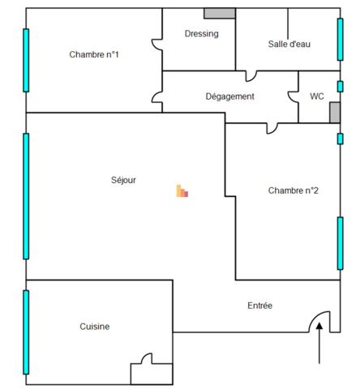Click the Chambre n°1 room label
[94, 54]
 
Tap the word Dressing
[202, 34]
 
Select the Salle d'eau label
[289, 44]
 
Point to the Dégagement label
[229, 96]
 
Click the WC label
[317, 96]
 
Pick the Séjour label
[123, 180]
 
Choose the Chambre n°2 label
[293, 190]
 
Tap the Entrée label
[259, 306]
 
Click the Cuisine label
[95, 327]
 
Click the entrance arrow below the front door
[319, 343]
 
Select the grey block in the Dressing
[220, 13]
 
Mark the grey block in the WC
[335, 113]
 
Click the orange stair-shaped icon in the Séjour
[182, 191]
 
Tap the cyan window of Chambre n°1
[26, 60]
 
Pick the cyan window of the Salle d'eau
[340, 40]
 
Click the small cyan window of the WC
[340, 87]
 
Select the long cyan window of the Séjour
[26, 196]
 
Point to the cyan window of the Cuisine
[26, 332]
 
